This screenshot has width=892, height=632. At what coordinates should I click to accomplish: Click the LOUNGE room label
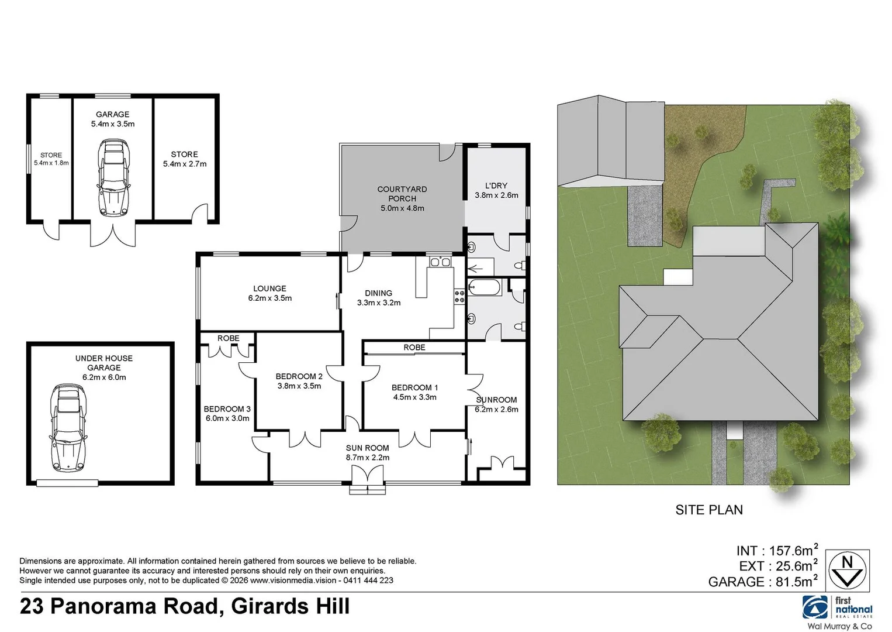269,288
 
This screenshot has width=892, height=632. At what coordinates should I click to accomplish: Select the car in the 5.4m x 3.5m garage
113,177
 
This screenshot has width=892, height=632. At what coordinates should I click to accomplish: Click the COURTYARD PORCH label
402,194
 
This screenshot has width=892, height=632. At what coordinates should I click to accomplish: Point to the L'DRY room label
496,186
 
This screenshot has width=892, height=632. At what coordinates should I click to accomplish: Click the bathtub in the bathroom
485,287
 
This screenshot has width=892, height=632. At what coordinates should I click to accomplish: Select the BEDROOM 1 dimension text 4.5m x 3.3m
414,397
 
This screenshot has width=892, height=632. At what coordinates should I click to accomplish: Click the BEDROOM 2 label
299,376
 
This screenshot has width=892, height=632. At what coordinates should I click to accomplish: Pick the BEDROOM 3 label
227,409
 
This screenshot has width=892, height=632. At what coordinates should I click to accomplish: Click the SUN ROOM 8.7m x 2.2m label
367,452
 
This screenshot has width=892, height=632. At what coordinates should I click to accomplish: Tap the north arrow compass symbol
847,571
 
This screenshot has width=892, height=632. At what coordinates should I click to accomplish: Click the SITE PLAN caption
708,510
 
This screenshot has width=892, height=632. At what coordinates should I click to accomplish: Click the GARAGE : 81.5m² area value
762,582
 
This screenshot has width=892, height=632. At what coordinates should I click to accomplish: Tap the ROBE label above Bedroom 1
414,348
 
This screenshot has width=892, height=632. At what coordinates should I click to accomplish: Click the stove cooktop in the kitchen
459,296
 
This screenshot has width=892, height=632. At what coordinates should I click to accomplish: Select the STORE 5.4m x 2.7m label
185,159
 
